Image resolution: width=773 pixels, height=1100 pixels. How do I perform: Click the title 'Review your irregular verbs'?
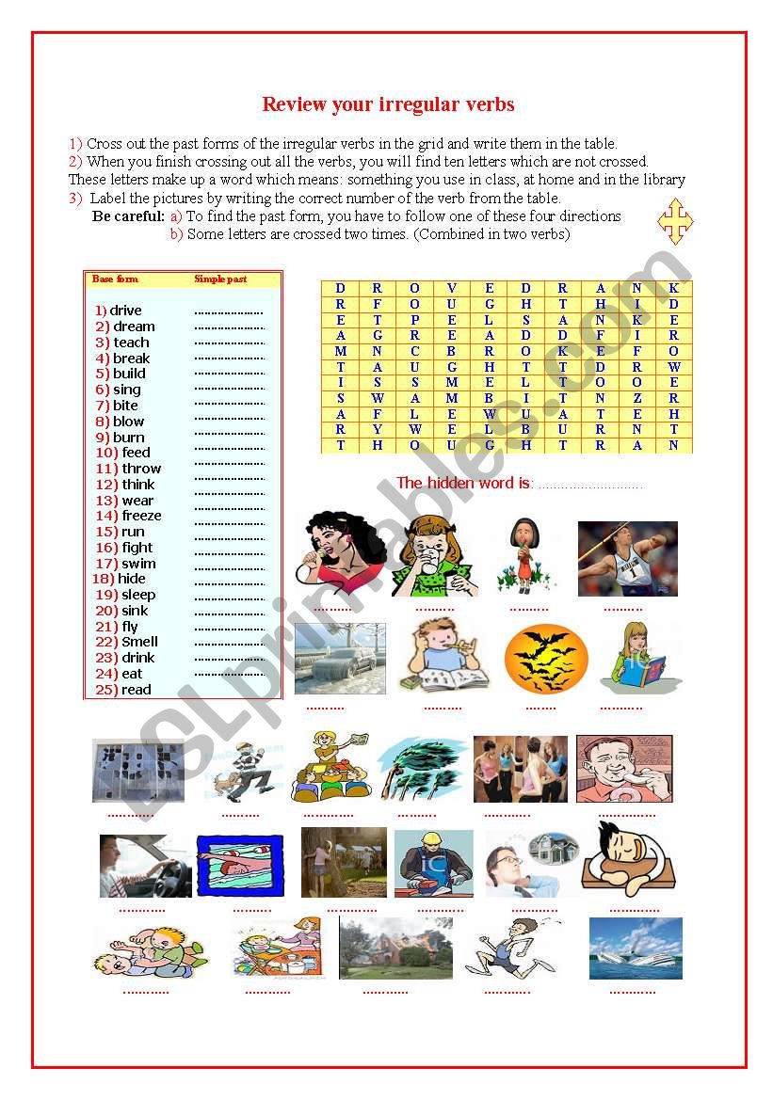click(x=388, y=104)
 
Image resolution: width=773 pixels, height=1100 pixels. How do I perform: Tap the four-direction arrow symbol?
click(x=675, y=221)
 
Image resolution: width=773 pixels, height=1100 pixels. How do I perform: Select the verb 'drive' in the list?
click(x=125, y=311)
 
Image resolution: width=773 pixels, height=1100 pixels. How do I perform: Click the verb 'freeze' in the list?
click(x=141, y=516)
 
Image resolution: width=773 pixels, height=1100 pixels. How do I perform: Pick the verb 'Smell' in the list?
click(x=139, y=642)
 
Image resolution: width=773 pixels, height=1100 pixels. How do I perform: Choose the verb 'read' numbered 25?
click(x=136, y=690)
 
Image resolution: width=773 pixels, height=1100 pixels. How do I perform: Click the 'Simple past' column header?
click(x=220, y=279)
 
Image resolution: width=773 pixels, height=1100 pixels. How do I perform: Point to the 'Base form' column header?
click(x=115, y=279)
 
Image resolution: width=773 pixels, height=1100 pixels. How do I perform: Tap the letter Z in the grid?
click(x=636, y=399)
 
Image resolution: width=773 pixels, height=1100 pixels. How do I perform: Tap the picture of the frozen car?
click(x=340, y=658)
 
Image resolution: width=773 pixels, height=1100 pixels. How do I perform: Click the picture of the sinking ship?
click(x=636, y=948)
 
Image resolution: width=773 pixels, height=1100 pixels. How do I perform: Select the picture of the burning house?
click(x=395, y=949)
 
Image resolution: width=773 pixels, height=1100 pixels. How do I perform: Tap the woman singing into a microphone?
click(x=342, y=555)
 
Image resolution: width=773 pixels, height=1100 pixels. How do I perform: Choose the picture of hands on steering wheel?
click(x=146, y=866)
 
